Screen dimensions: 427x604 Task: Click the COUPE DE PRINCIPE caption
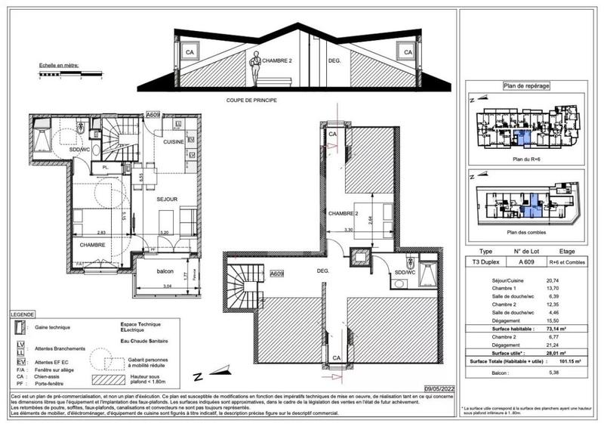[252, 99]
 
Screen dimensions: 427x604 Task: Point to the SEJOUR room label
[167, 200]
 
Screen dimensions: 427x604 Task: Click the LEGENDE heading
[24, 313]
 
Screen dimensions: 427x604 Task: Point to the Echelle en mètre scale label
[60, 66]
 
